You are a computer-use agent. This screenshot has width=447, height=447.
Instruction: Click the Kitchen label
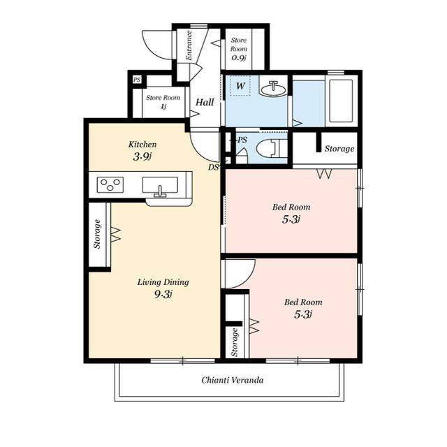(142, 145)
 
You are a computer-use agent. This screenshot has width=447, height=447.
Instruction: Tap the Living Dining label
(163, 282)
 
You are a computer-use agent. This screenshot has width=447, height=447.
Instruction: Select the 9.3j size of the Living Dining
(163, 294)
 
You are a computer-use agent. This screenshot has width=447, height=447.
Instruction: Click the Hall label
(205, 102)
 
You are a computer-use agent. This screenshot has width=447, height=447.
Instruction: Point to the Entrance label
(189, 45)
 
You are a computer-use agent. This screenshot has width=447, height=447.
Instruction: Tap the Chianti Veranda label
(233, 380)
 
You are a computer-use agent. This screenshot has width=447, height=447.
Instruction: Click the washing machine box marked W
(240, 85)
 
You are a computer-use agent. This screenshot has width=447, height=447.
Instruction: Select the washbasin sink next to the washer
(273, 89)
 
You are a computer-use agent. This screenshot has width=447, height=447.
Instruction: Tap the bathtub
(341, 101)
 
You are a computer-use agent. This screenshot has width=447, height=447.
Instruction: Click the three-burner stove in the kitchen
(110, 184)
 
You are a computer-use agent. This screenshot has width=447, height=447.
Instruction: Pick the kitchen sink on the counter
(160, 185)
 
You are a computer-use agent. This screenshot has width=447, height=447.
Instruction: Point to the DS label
(213, 167)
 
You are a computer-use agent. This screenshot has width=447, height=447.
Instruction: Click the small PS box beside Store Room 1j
(137, 79)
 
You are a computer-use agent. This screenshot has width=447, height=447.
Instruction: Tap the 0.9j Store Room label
(239, 49)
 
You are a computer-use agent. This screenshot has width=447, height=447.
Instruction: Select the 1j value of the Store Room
(163, 107)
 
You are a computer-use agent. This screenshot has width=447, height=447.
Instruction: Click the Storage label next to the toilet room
(339, 149)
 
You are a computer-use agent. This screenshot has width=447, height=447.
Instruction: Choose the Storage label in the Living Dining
(98, 234)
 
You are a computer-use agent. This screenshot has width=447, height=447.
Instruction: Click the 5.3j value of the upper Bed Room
(291, 219)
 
